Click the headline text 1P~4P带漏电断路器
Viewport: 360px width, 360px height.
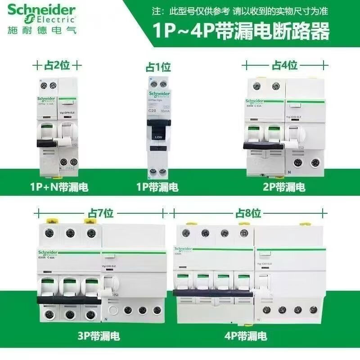pos(241,32)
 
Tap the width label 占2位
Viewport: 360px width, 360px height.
pos(58,65)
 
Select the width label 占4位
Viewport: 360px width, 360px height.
pos(284,65)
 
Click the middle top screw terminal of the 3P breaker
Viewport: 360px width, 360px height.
pos(70,234)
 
